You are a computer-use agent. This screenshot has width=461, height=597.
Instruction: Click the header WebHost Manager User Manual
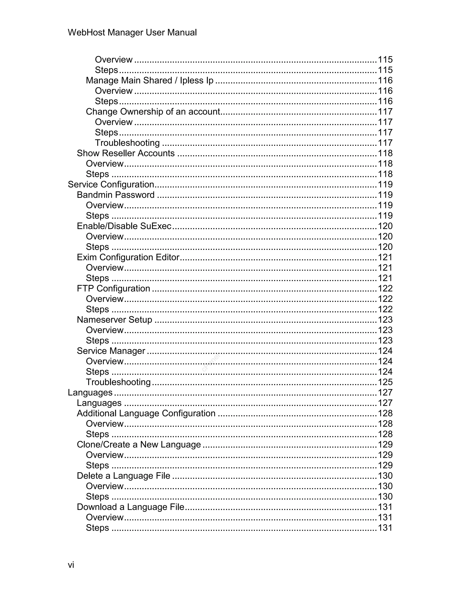point(132,32)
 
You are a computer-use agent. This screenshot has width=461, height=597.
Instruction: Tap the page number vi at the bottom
point(71,565)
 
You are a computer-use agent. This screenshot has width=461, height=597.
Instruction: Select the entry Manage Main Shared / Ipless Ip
point(149,80)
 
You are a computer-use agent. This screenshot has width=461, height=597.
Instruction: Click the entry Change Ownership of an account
point(153,112)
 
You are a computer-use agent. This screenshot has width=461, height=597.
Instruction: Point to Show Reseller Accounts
point(125,153)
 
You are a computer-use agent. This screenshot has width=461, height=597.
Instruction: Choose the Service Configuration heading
point(111,185)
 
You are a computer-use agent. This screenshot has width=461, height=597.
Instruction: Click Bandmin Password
point(115,195)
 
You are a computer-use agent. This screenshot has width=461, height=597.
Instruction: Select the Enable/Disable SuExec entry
point(124,226)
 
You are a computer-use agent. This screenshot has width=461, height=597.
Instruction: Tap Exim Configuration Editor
point(128,257)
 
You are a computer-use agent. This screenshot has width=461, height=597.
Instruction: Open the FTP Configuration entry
point(113,288)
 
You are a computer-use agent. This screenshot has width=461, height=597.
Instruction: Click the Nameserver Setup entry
point(114,319)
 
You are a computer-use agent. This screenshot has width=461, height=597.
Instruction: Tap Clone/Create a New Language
point(139,444)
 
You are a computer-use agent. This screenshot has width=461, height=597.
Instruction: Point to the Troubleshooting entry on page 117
point(127,143)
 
